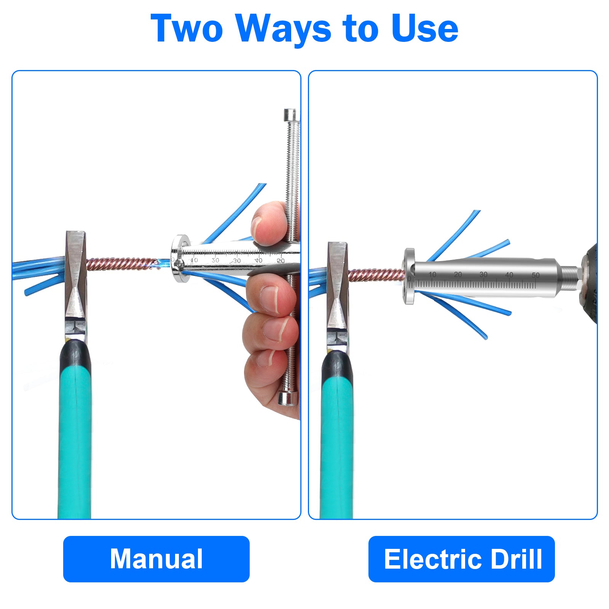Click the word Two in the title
[x=187, y=28]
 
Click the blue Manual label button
[x=156, y=559]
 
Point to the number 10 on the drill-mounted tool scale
[x=432, y=274]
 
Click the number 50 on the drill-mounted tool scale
[x=536, y=275]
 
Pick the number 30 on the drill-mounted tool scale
[x=483, y=274]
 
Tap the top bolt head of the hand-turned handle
[x=291, y=115]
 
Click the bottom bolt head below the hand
[x=288, y=399]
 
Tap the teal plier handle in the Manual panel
[x=75, y=438]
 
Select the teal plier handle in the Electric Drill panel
[x=337, y=442]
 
